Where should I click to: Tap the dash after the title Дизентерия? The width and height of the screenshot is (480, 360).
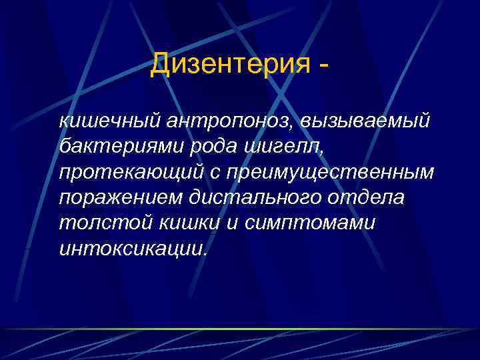pyautogui.click(x=323, y=67)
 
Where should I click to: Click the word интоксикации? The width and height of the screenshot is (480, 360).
pyautogui.click(x=133, y=249)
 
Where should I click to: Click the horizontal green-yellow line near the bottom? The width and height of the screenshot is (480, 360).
pyautogui.click(x=240, y=329)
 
